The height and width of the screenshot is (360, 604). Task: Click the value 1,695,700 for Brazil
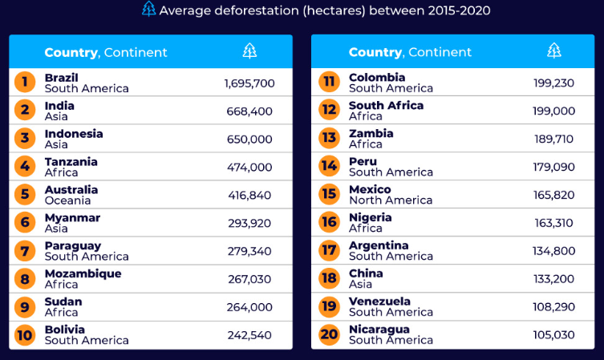click(x=249, y=83)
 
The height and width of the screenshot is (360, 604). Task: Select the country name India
click(x=59, y=105)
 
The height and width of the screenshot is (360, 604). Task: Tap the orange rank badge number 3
click(x=25, y=139)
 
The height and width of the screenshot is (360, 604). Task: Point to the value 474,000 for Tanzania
click(x=249, y=167)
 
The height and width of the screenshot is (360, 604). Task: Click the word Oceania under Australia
click(x=68, y=200)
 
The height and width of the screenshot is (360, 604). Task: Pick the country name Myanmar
click(x=72, y=217)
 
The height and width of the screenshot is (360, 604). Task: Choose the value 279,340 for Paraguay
click(x=249, y=251)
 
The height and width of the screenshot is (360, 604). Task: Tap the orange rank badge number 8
click(x=25, y=279)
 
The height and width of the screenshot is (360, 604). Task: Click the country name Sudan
click(x=63, y=301)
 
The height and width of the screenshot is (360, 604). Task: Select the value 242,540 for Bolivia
click(x=249, y=335)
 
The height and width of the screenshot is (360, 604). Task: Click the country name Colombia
click(x=377, y=77)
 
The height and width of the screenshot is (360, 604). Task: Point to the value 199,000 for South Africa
click(x=554, y=111)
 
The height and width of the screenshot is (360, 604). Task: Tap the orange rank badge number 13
click(x=329, y=139)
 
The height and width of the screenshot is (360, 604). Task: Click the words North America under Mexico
click(x=391, y=200)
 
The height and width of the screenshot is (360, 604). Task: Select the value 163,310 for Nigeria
click(x=554, y=223)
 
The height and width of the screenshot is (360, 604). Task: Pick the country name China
click(x=366, y=273)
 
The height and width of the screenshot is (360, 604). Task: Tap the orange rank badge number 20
click(x=329, y=335)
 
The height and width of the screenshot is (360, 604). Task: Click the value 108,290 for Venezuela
click(x=554, y=307)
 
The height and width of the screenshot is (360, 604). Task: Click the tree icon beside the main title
click(x=148, y=10)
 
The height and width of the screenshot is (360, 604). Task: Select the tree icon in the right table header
click(x=554, y=51)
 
